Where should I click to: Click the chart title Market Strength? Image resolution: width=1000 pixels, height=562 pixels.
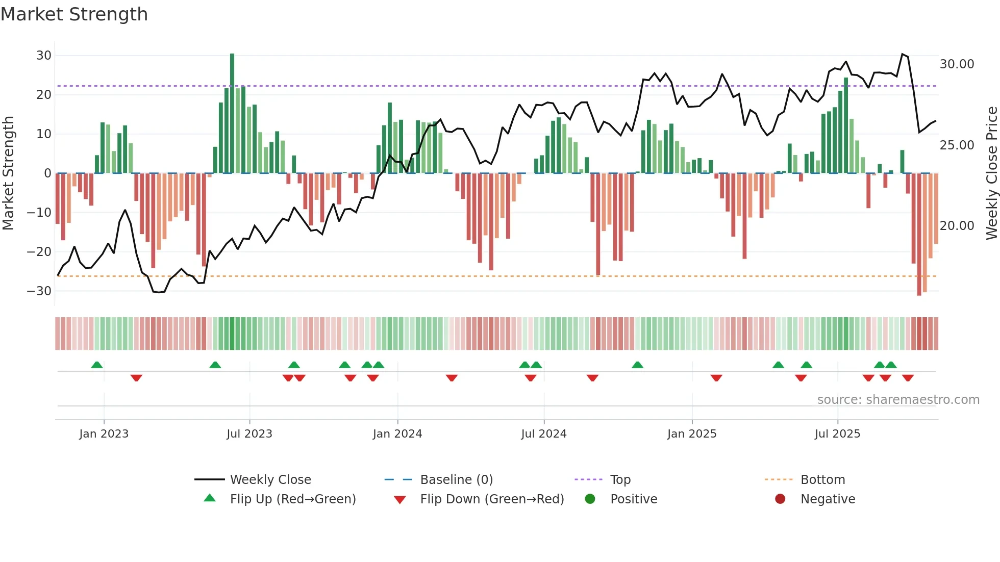click(74, 14)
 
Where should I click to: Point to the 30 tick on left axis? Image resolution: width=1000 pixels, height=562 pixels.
click(44, 55)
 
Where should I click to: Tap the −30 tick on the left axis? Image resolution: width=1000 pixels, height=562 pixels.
click(40, 291)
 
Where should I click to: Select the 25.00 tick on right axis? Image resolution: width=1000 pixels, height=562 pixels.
click(957, 145)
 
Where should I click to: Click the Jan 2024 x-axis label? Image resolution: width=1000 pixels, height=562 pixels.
click(397, 434)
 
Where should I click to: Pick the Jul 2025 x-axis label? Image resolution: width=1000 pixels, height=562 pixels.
click(837, 434)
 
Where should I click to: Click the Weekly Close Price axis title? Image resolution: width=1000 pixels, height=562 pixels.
click(991, 173)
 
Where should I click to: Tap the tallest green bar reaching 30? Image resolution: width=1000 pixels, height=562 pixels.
click(232, 112)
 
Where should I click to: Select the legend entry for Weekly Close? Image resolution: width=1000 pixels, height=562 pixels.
click(270, 480)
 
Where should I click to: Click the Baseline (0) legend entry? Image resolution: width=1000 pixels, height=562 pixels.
click(456, 480)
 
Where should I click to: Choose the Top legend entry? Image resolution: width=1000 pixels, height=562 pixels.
click(620, 480)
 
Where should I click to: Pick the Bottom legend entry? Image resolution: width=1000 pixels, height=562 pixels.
click(822, 480)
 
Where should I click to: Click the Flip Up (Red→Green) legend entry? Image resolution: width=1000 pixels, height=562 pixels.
click(292, 499)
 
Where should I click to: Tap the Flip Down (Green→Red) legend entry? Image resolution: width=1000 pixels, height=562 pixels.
click(491, 499)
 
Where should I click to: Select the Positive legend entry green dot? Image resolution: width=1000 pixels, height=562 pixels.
click(590, 499)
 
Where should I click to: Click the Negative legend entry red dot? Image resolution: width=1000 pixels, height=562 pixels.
click(780, 499)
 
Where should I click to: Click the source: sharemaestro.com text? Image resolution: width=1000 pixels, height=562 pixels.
click(898, 400)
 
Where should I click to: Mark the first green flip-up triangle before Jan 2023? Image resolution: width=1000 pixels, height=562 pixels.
click(97, 365)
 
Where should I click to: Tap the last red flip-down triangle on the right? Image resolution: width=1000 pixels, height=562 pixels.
click(908, 378)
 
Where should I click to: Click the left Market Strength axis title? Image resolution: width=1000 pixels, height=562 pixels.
click(9, 173)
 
